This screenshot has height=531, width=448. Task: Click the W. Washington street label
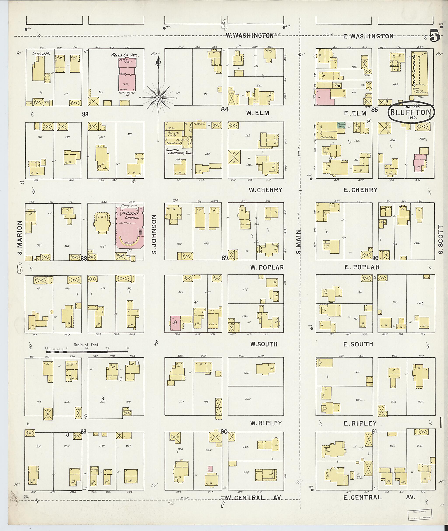pos(250,36)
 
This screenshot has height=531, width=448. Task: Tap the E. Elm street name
pos(355,114)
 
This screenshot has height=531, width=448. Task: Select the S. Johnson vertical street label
pos(154,234)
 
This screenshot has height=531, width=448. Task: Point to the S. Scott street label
pos(441,240)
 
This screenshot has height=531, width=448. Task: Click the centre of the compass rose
pos(158,97)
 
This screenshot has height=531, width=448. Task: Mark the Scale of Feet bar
pos(87,352)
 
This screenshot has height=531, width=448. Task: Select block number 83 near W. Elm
pos(85,115)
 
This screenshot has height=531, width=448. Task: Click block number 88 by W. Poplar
pos(84,259)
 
